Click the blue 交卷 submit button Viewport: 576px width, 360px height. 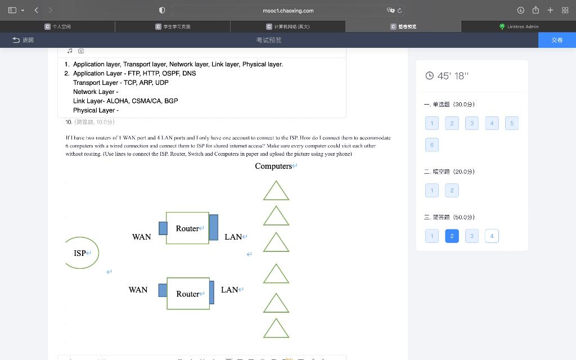[557, 40]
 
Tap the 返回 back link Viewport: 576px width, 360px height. [23, 40]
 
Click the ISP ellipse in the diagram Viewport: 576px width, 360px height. [81, 253]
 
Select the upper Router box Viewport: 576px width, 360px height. [187, 228]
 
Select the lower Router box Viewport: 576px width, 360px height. [188, 294]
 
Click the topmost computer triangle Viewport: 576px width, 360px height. [276, 191]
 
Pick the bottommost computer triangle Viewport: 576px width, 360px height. [276, 328]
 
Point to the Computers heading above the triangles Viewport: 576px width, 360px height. [273, 166]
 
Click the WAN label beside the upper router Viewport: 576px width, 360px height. [141, 237]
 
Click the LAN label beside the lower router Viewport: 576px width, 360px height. [229, 290]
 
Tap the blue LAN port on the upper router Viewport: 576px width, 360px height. [213, 227]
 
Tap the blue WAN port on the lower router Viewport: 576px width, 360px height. [163, 290]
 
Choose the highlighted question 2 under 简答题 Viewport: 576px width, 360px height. [452, 236]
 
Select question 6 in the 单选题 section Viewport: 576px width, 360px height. [432, 145]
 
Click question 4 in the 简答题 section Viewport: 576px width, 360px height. [492, 236]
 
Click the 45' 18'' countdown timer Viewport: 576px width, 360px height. [447, 76]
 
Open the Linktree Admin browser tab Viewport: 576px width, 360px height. [518, 26]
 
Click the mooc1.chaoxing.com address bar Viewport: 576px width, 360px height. [288, 10]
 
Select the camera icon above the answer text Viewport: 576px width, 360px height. [81, 51]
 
